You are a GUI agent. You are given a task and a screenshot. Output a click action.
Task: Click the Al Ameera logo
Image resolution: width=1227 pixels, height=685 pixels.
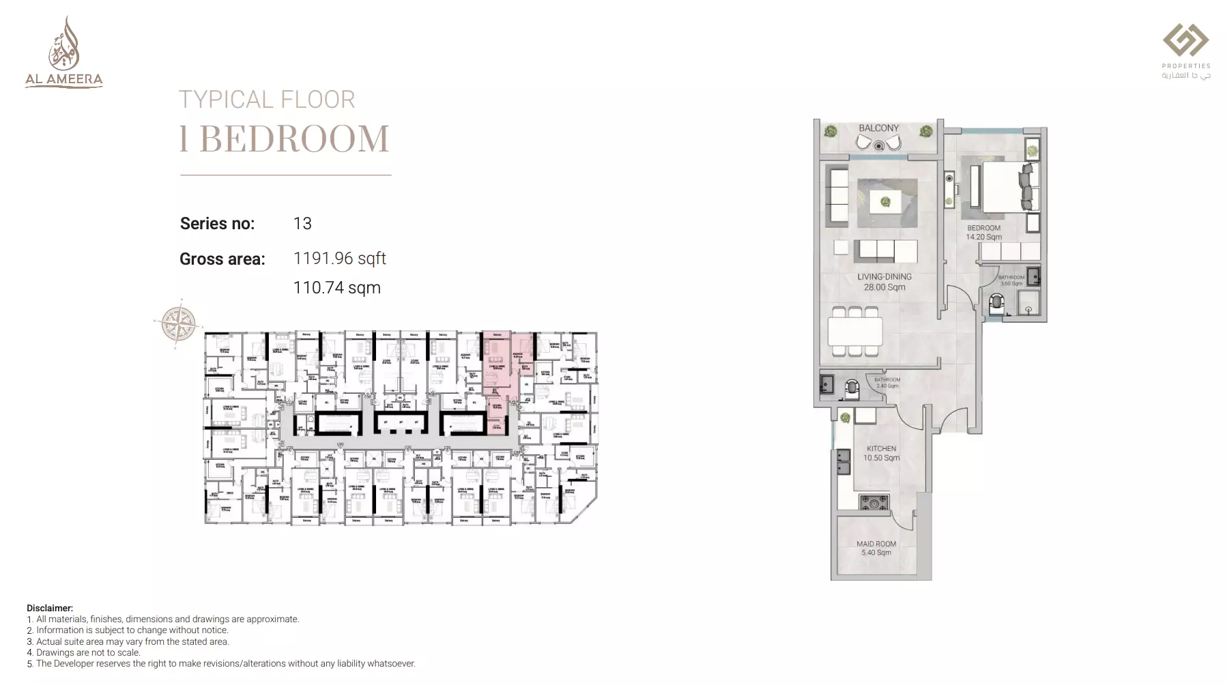pos(64,53)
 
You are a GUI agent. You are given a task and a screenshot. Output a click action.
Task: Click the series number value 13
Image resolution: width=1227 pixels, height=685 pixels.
pos(302,224)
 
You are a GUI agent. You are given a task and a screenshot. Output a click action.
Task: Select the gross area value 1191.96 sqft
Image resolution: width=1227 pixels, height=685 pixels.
pos(339,259)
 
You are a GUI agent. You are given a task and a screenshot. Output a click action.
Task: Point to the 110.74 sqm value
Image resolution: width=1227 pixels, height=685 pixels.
pos(336,288)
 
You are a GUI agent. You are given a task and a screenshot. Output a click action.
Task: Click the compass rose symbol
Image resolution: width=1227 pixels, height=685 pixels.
pos(179,323)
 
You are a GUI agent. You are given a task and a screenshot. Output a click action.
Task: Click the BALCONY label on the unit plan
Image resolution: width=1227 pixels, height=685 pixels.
pos(878,128)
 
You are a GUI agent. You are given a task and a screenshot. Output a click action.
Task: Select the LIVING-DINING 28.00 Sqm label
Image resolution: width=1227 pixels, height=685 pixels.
pos(884,282)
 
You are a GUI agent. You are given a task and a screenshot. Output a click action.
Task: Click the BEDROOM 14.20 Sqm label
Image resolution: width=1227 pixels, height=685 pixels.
pos(983,233)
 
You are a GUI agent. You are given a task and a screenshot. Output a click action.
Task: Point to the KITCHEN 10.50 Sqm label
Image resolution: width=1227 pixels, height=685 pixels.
pos(881,453)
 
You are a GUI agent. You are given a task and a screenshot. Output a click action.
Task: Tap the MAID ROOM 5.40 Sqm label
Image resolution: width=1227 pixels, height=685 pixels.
pos(876,548)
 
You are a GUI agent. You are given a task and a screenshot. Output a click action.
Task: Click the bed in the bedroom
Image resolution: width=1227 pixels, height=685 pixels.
pos(1007,187)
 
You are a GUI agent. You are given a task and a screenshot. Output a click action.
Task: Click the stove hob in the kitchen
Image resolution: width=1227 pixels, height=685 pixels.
pos(874,503)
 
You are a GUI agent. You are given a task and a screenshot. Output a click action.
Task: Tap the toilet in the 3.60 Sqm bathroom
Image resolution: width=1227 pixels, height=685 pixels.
pos(997,302)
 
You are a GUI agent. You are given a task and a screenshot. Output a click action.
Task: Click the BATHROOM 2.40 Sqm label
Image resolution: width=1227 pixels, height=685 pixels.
pos(887,383)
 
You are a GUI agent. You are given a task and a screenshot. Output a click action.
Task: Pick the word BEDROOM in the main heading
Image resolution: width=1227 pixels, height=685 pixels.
pos(294,139)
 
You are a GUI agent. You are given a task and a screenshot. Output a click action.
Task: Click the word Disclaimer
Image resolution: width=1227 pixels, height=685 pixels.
pos(49,608)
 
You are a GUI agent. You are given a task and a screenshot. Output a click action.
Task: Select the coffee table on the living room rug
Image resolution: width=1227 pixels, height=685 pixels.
pos(885,201)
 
